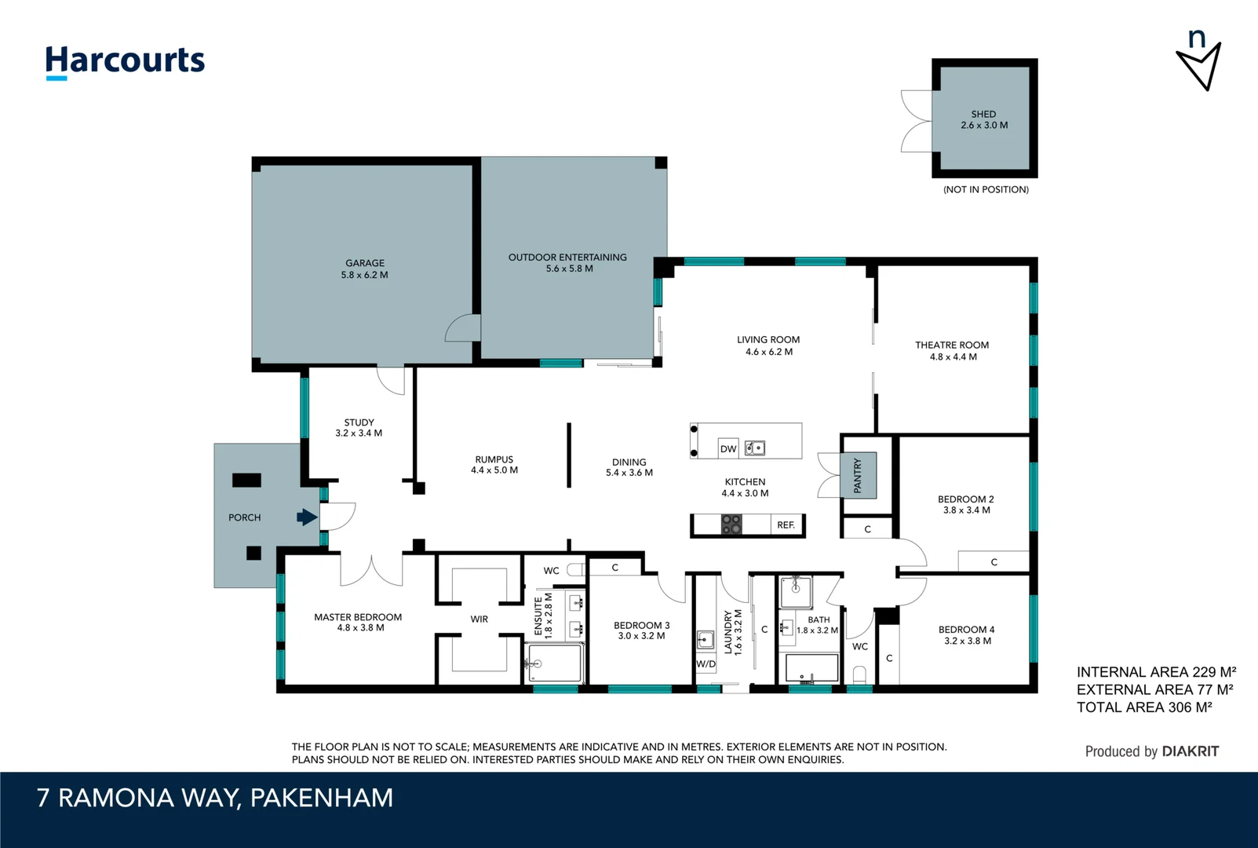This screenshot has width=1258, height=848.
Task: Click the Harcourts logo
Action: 125,61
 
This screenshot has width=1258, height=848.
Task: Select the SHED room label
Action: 983,114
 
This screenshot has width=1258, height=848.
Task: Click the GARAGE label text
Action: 365,263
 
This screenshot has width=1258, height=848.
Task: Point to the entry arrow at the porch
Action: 307,517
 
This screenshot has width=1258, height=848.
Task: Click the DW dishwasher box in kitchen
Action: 728,448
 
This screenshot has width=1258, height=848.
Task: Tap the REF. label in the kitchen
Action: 786,525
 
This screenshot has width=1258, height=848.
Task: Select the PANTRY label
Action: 858,476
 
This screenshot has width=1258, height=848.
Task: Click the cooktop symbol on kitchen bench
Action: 731,525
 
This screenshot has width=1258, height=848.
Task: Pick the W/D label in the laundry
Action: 706,663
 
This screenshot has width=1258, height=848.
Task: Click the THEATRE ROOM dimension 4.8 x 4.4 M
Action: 953,357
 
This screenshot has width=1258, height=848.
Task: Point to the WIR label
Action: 479,620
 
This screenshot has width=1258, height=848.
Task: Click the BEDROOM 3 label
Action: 641,626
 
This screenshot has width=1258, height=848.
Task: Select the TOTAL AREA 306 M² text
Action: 1143,707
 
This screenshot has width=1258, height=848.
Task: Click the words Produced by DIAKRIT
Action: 1151,751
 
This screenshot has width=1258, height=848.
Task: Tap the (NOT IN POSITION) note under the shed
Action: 986,190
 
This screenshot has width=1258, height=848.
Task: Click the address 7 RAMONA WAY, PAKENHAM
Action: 214,798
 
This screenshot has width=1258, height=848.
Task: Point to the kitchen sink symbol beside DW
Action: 755,448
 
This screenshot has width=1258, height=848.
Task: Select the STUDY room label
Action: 359,422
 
